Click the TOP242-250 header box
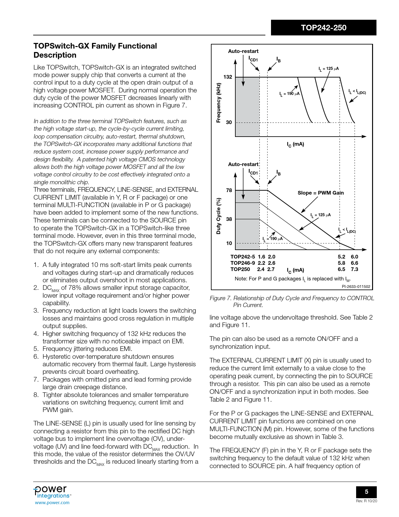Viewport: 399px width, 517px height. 323,28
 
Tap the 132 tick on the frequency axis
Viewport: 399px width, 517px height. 228,77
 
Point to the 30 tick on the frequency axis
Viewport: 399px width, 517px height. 229,122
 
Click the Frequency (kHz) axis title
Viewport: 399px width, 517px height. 219,103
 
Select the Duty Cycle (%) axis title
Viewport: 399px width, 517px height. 219,216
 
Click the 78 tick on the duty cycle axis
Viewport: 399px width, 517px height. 229,190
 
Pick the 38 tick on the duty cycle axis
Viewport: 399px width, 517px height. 229,219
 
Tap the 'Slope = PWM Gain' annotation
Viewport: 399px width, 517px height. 320,193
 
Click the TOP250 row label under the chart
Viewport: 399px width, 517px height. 240,269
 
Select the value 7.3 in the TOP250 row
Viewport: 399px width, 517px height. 354,269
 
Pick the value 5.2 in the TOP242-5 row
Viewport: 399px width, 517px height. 341,257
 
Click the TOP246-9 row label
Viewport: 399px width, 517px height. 243,263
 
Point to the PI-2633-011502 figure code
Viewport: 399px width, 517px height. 356,286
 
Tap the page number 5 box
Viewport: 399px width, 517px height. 366,492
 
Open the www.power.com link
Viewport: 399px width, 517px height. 52,503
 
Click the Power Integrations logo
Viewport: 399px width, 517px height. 52,492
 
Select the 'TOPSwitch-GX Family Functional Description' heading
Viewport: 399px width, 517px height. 95,50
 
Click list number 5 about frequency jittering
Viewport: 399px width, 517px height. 36,349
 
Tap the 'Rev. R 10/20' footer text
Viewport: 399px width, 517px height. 366,501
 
